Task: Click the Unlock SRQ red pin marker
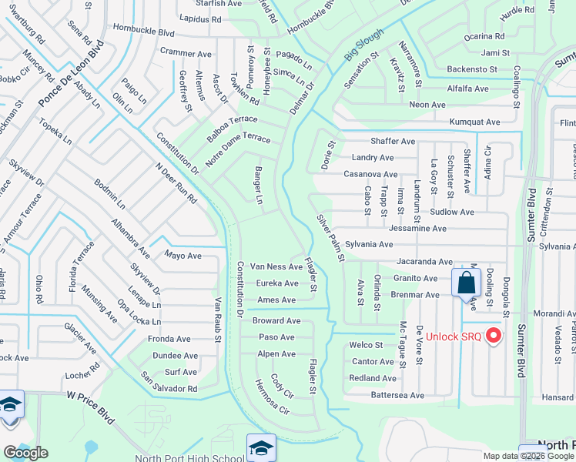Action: [494, 336]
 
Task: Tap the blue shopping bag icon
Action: [466, 283]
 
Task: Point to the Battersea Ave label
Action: [397, 395]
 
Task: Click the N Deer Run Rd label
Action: [176, 182]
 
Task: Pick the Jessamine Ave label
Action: [417, 229]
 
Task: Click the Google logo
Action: [25, 453]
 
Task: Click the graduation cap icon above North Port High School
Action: [260, 447]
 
